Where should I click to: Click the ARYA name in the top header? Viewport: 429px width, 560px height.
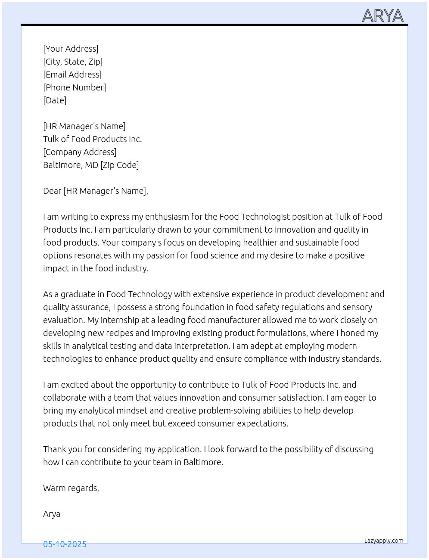tap(382, 16)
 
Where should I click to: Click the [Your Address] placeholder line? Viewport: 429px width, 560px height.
tap(71, 49)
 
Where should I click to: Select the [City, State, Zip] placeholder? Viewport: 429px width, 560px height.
tap(73, 62)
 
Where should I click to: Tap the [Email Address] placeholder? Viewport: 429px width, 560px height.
tap(72, 75)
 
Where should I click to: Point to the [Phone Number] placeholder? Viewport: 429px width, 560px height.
tap(75, 87)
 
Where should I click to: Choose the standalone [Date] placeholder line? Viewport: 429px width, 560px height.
tap(55, 100)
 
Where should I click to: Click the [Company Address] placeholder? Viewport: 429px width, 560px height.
tap(80, 152)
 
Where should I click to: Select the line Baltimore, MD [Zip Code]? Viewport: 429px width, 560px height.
tap(91, 165)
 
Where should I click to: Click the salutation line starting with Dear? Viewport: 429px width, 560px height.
tap(95, 191)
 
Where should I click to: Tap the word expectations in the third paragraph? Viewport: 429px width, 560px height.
tap(261, 423)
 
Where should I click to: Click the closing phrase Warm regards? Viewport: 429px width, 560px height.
tap(71, 488)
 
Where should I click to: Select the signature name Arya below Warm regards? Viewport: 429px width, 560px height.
tap(52, 514)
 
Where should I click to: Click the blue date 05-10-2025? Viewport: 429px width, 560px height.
tap(65, 544)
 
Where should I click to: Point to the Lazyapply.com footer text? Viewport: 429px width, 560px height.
tap(384, 541)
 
